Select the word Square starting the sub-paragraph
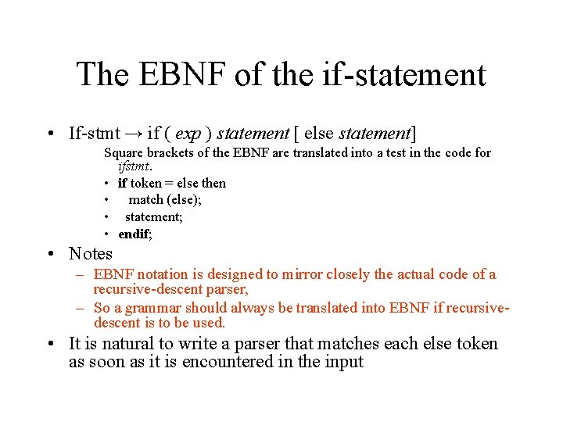tap(123, 152)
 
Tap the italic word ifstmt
tap(134, 166)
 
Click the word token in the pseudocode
tap(145, 183)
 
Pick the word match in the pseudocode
tap(145, 200)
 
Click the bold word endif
tap(134, 234)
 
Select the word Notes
tap(91, 253)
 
